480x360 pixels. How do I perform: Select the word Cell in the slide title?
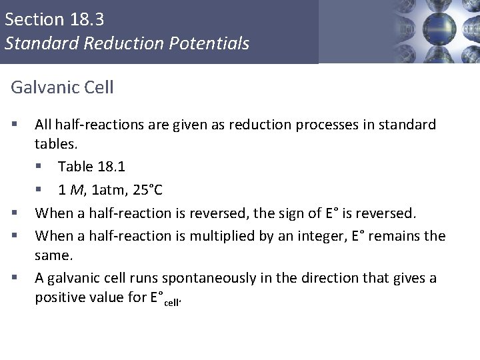[x=99, y=87]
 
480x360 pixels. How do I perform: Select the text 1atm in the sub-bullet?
[x=106, y=189]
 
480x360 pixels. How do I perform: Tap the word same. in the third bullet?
[x=54, y=255]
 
